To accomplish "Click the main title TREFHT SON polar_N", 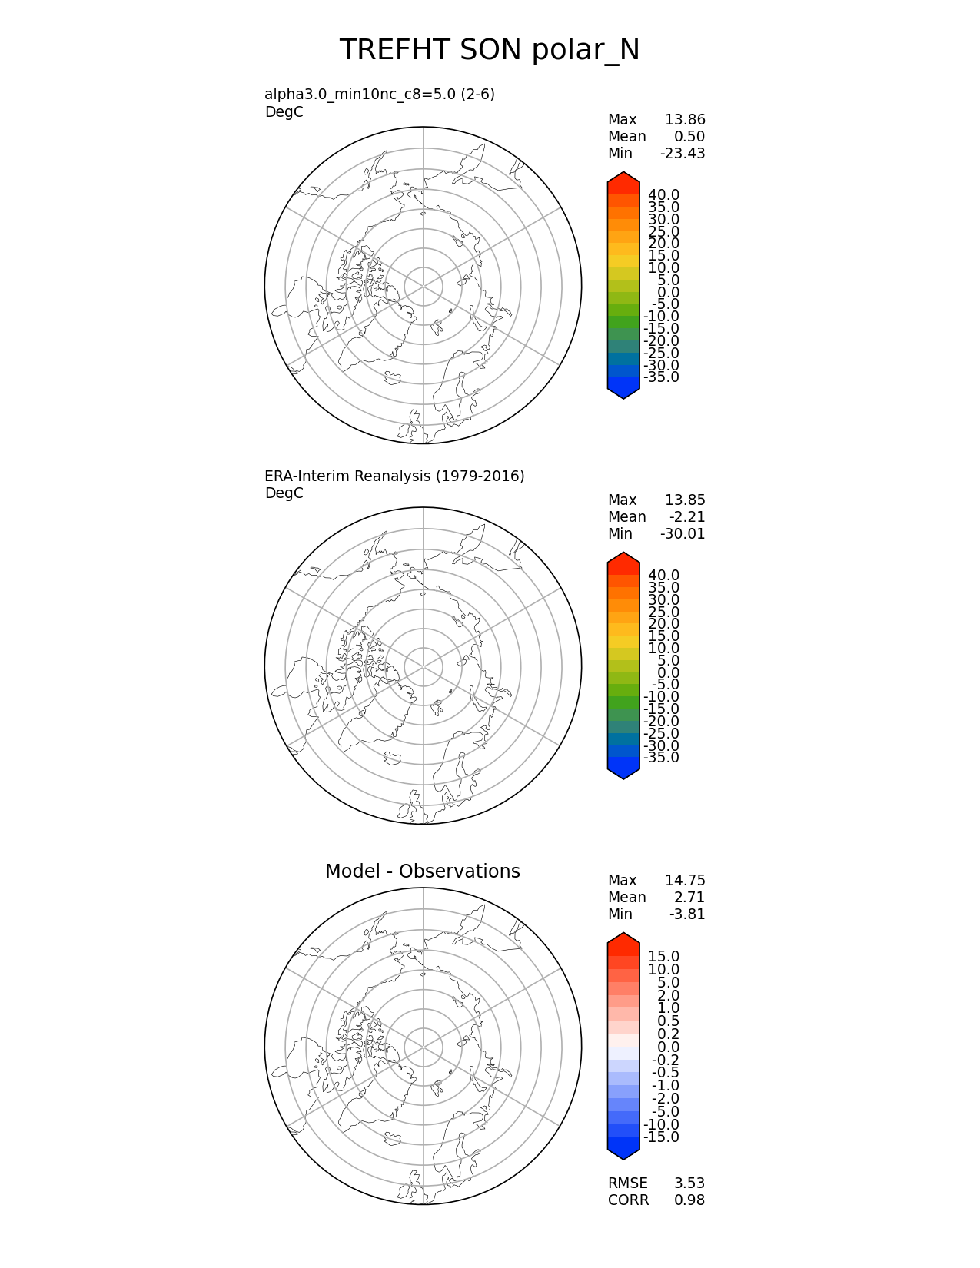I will click(490, 51).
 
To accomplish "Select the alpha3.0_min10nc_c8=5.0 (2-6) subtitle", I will click(380, 95).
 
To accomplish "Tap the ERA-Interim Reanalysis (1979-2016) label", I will click(394, 476).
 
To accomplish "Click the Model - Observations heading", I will click(422, 871).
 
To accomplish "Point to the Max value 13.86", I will click(685, 120).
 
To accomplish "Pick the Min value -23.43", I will click(683, 154).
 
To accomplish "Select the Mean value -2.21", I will click(687, 517).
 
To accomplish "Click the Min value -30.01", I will click(683, 534).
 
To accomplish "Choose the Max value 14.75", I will click(685, 881).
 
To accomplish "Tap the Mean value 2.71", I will click(689, 898).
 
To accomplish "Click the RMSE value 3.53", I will click(689, 1183).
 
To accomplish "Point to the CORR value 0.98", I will click(689, 1200).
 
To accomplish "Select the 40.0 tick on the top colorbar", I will click(663, 195).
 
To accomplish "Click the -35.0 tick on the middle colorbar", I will click(661, 758).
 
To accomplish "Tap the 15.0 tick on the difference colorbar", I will click(663, 957).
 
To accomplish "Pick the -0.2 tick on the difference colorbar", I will click(666, 1061).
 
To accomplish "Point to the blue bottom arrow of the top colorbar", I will click(623, 392).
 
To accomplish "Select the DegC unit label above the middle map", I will click(284, 493).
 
